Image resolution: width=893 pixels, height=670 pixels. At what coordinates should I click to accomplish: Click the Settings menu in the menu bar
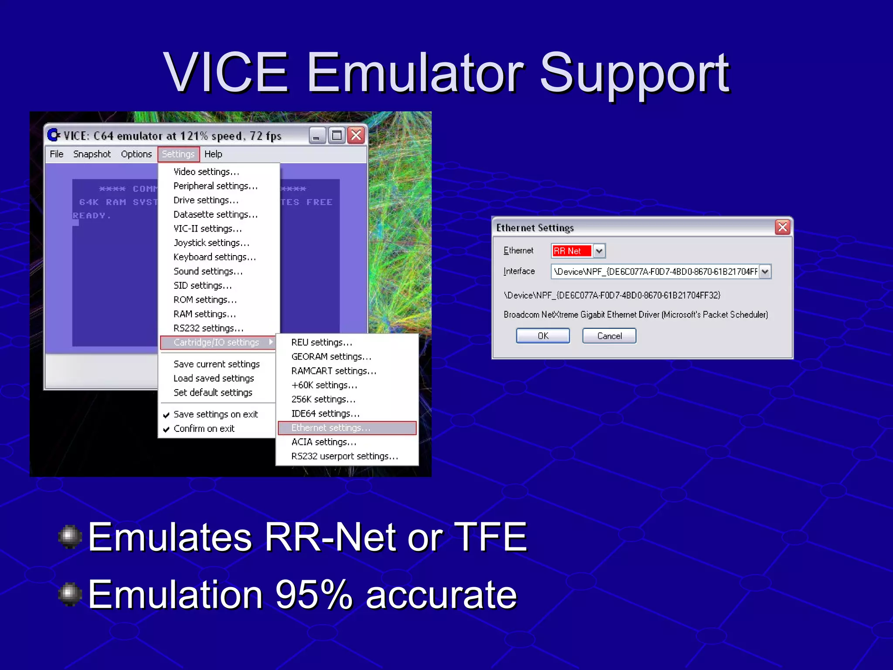178,154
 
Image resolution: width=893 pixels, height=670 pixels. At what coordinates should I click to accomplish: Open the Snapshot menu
92,154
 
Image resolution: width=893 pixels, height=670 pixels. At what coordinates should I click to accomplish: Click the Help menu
213,154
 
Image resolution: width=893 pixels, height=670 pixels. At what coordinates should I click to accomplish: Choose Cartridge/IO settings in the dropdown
217,342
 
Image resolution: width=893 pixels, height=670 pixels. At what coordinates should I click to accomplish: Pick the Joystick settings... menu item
211,243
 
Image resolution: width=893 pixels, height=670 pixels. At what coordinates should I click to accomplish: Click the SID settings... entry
203,286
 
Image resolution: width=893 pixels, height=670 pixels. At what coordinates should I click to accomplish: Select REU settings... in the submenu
322,342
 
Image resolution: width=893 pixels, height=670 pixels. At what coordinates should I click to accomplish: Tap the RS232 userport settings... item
344,456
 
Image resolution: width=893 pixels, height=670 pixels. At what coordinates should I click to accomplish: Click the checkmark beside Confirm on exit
166,429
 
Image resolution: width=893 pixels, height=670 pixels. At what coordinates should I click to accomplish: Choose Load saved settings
214,379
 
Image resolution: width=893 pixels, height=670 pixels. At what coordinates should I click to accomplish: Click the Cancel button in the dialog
609,336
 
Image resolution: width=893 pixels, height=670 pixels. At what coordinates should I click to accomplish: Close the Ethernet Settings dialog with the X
783,227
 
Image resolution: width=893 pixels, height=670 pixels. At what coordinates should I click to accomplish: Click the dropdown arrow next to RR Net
599,251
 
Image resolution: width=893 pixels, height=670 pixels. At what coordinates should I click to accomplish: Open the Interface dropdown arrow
765,272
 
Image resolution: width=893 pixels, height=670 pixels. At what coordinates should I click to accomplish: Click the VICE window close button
356,136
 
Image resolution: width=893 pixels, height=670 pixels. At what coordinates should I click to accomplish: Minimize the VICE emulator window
317,136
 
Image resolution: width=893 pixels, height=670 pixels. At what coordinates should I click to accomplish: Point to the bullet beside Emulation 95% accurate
70,594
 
